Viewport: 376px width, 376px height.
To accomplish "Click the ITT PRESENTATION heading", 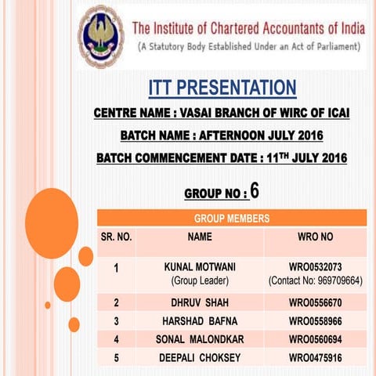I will [222, 85].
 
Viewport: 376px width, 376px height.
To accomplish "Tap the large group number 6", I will [255, 190].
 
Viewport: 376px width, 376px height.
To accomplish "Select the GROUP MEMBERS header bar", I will [231, 218].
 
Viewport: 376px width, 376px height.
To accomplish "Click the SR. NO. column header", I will [116, 235].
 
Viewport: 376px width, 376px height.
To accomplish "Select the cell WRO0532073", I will [315, 267].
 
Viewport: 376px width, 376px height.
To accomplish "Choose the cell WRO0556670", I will [315, 302].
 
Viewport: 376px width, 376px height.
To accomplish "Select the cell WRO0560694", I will [315, 339].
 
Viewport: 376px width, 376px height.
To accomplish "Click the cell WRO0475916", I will [315, 358].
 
